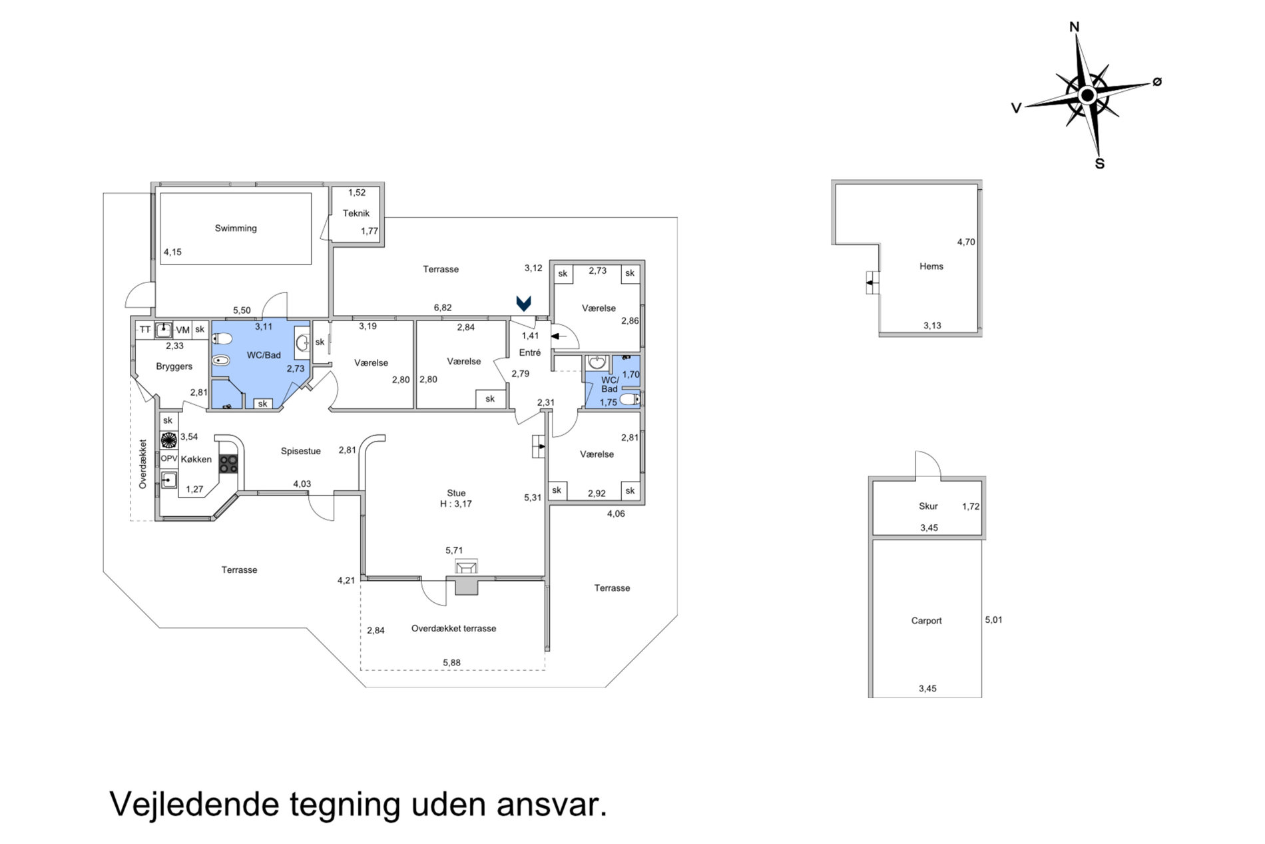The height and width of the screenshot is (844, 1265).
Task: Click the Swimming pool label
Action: pyautogui.click(x=236, y=228)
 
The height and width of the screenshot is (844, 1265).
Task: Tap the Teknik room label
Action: pyautogui.click(x=356, y=213)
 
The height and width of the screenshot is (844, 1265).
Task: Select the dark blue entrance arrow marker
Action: pyautogui.click(x=524, y=304)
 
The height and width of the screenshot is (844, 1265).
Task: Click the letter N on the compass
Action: pyautogui.click(x=1074, y=27)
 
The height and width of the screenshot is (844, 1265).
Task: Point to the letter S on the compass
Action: pyautogui.click(x=1100, y=164)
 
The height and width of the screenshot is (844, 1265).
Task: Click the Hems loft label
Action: pyautogui.click(x=931, y=266)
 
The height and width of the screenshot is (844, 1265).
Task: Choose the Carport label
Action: pyautogui.click(x=926, y=621)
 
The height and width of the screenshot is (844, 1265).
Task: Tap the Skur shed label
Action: pyautogui.click(x=928, y=506)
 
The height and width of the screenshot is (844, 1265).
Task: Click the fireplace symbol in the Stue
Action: pyautogui.click(x=466, y=567)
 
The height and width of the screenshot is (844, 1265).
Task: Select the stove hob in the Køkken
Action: pyautogui.click(x=228, y=464)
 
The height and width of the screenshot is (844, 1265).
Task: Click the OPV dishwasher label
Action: pyautogui.click(x=169, y=459)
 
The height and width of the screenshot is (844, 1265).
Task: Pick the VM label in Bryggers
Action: pyautogui.click(x=182, y=330)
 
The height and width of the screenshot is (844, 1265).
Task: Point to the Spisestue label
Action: pyautogui.click(x=301, y=451)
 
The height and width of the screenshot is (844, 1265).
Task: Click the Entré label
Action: pyautogui.click(x=530, y=352)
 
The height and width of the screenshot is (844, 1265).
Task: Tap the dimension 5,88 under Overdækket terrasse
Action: pyautogui.click(x=451, y=663)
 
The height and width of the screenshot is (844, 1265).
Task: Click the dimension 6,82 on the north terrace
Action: pyautogui.click(x=443, y=308)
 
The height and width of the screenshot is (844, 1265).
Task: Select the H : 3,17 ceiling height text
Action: pyautogui.click(x=456, y=504)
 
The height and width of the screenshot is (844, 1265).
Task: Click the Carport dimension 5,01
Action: pyautogui.click(x=993, y=620)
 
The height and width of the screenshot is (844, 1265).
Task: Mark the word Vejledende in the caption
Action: pyautogui.click(x=195, y=805)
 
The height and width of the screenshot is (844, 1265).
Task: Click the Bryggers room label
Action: pyautogui.click(x=174, y=366)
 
